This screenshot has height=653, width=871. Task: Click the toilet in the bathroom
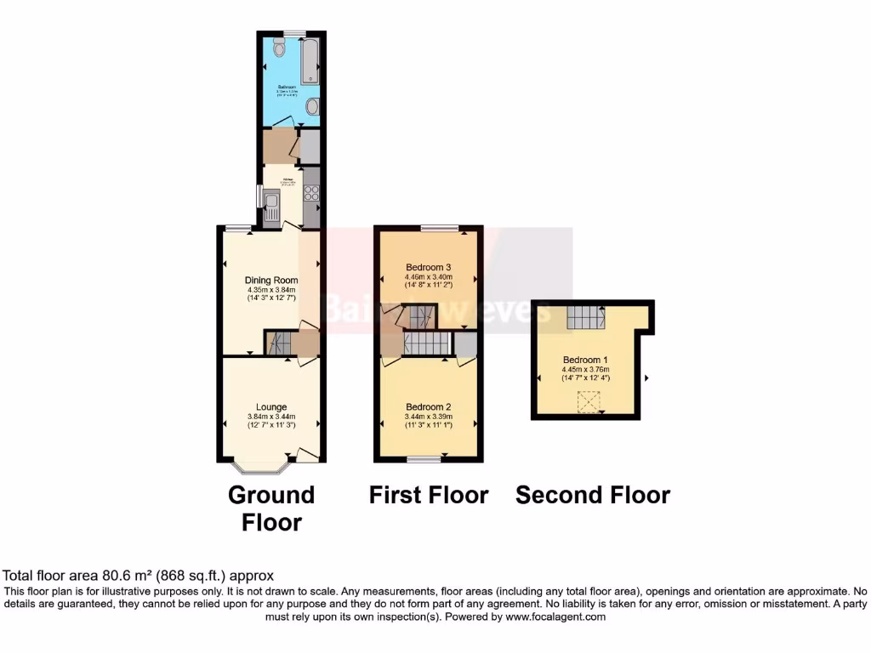pyautogui.click(x=280, y=50)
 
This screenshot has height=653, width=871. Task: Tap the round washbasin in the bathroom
pyautogui.click(x=312, y=105)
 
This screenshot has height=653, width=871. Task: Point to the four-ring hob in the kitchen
pyautogui.click(x=311, y=192)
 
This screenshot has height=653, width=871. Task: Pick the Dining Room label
pyautogui.click(x=271, y=280)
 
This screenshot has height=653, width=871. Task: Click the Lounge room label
pyautogui.click(x=271, y=406)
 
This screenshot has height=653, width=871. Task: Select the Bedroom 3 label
pyautogui.click(x=429, y=267)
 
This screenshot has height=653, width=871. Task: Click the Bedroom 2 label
pyautogui.click(x=428, y=406)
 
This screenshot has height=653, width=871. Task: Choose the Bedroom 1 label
pyautogui.click(x=585, y=359)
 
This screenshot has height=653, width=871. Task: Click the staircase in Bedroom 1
pyautogui.click(x=585, y=317)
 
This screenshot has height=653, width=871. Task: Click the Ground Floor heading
pyautogui.click(x=271, y=508)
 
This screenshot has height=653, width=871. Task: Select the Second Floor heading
pyautogui.click(x=593, y=495)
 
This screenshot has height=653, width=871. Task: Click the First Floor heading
pyautogui.click(x=429, y=495)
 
